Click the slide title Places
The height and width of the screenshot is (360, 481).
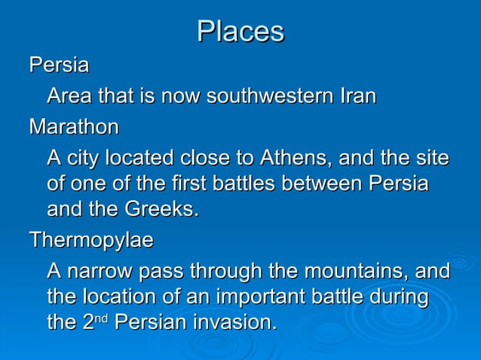[x=240, y=32]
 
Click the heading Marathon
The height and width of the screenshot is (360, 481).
[x=74, y=128]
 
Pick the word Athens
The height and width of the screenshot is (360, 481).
[x=295, y=160]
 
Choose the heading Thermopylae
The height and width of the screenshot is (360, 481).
[x=91, y=240]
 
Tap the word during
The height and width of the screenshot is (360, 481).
[x=400, y=296]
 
